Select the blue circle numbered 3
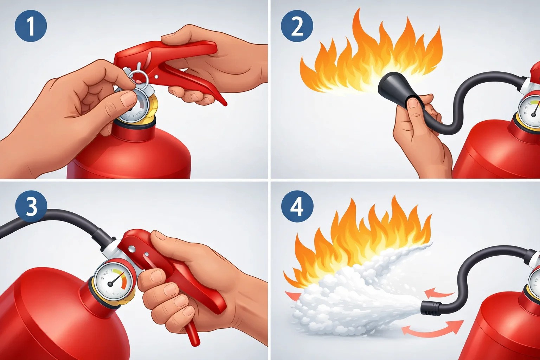31,206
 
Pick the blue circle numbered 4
297,206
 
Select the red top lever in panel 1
169,51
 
